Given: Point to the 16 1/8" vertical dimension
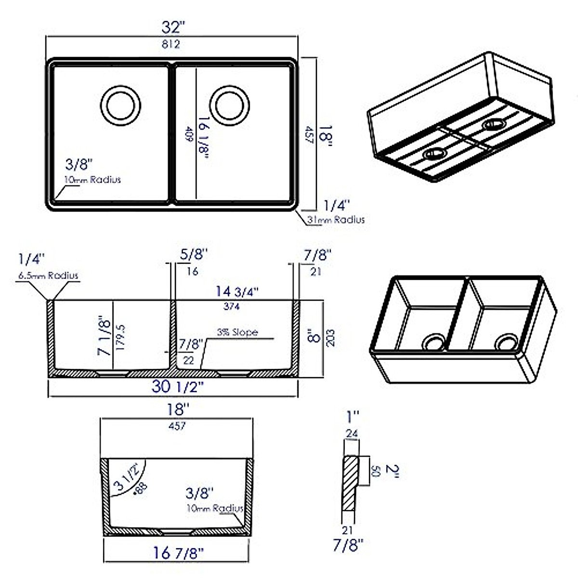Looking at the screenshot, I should [203, 136].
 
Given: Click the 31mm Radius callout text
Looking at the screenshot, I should [336, 220].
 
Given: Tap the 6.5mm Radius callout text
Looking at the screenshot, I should [48, 276].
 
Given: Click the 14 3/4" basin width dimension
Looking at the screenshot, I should [237, 291].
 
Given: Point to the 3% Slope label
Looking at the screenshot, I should [237, 332].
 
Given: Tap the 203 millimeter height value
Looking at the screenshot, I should [330, 338].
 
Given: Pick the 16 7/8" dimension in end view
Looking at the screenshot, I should [178, 552].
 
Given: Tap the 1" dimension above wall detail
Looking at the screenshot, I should [353, 415].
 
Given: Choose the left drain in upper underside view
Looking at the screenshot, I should [434, 154].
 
